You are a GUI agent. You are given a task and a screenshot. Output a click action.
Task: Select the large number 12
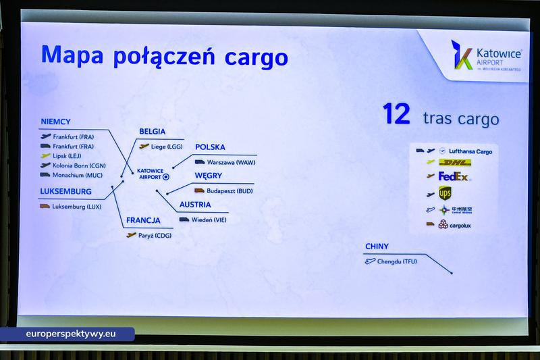397,114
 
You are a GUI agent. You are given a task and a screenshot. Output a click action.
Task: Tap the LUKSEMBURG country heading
66,191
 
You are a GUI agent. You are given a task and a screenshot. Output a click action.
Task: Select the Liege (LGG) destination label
166,146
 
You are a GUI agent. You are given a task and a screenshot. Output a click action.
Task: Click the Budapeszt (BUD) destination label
229,190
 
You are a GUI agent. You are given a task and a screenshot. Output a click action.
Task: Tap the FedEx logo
454,176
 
